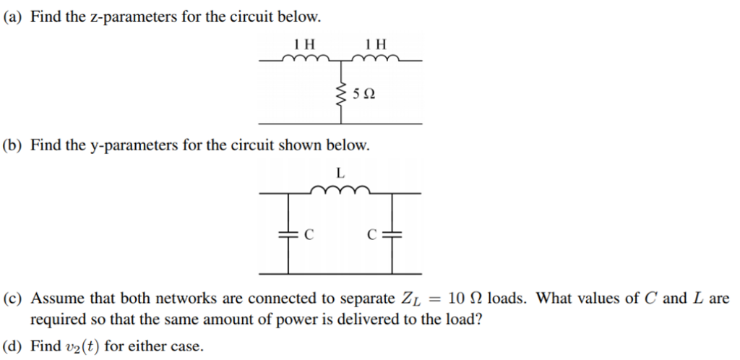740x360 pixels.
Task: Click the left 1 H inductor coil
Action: tap(306, 59)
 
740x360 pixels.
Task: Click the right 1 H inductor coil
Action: tap(376, 59)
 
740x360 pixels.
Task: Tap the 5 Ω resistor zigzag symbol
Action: tap(341, 94)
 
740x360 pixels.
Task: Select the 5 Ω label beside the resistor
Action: tap(364, 95)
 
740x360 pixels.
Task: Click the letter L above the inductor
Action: tap(340, 173)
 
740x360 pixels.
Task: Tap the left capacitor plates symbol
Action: tap(288, 233)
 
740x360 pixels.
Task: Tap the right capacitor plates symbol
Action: tap(392, 233)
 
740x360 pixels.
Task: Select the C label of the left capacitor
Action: tap(308, 234)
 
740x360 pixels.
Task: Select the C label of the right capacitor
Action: tap(372, 234)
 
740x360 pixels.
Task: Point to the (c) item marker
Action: tap(14, 299)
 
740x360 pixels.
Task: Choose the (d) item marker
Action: tap(14, 347)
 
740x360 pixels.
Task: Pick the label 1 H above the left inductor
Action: tap(304, 45)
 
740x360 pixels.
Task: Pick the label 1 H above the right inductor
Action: tap(376, 45)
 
